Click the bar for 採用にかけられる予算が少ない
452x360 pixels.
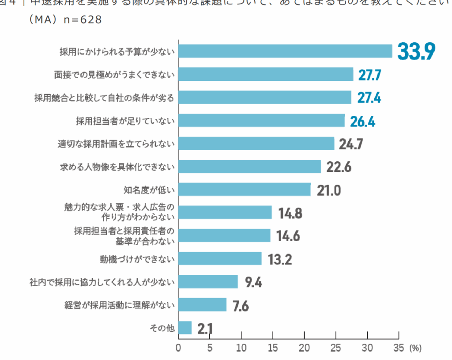click(x=285, y=51)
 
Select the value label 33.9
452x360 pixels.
click(x=416, y=51)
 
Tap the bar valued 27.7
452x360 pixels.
click(x=266, y=74)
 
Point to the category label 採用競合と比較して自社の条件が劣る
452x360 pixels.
click(x=105, y=98)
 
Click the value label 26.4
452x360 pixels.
click(x=362, y=121)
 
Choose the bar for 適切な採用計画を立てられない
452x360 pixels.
click(x=256, y=144)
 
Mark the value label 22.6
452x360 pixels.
click(x=339, y=167)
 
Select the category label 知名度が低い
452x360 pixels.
click(x=149, y=190)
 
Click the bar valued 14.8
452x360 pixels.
click(x=225, y=213)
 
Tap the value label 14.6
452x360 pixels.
click(x=288, y=236)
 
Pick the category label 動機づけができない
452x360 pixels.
click(x=137, y=259)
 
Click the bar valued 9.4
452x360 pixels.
click(x=208, y=282)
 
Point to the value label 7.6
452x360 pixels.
click(x=241, y=305)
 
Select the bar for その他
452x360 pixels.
click(x=185, y=328)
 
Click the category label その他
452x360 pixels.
click(x=163, y=328)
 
